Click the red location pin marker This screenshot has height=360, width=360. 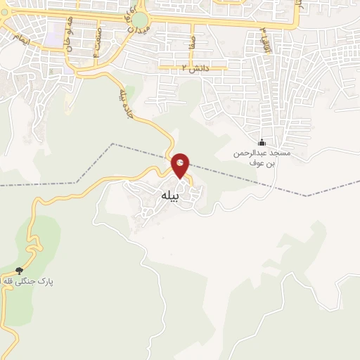point(181,167)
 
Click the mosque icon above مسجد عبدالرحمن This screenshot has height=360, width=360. point(262,143)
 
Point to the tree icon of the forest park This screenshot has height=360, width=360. point(19,271)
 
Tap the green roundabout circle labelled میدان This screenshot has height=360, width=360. point(140,19)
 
